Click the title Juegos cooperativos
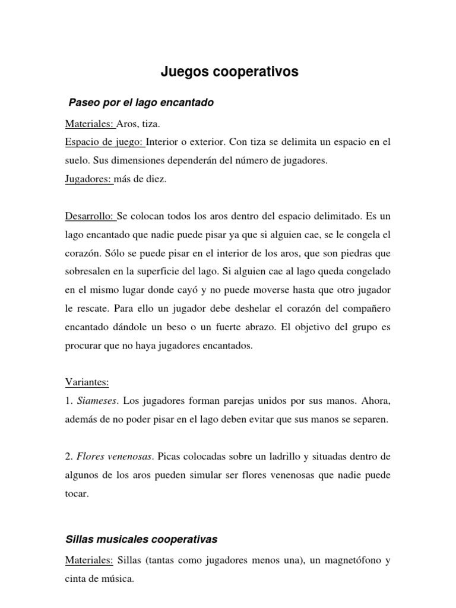point(230,72)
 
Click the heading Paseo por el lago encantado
point(141,103)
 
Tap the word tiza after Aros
point(150,124)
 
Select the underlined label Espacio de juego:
point(105,142)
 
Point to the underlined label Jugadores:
point(88,180)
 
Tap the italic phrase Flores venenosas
point(113,457)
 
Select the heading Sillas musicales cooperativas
point(141,540)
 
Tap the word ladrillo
point(297,457)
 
